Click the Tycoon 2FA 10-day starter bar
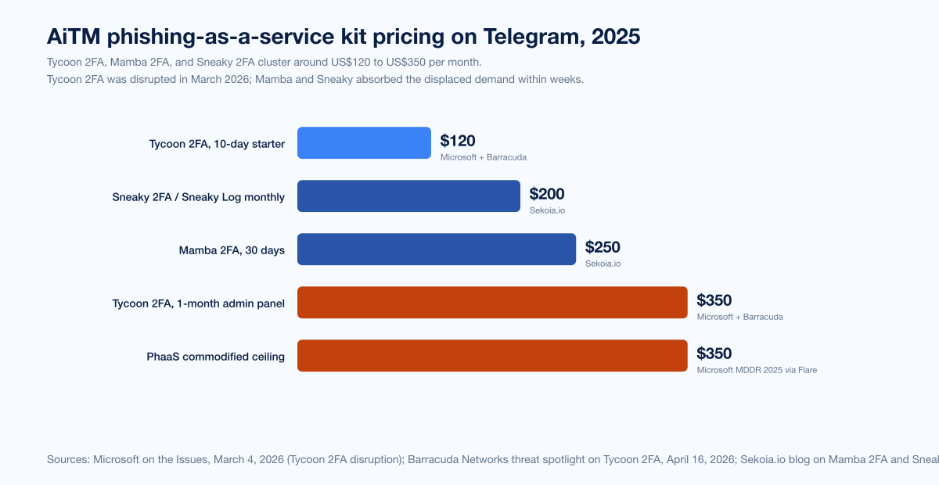tap(364, 143)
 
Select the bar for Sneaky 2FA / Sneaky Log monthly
tap(408, 196)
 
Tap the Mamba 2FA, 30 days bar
tap(437, 250)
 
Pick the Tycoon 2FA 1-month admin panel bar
tap(492, 303)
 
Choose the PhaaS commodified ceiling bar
tap(492, 356)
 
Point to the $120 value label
tap(458, 142)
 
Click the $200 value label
tap(547, 195)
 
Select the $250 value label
tap(603, 248)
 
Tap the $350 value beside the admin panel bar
tap(714, 301)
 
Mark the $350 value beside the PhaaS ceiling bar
tap(714, 354)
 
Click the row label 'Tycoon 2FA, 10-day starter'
tap(217, 144)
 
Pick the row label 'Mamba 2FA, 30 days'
tap(232, 250)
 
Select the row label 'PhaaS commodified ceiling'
tap(216, 357)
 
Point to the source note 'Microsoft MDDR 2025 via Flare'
tap(757, 370)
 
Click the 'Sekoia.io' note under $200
tap(547, 210)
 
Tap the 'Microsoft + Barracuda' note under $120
tap(483, 157)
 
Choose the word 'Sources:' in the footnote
tap(68, 460)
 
